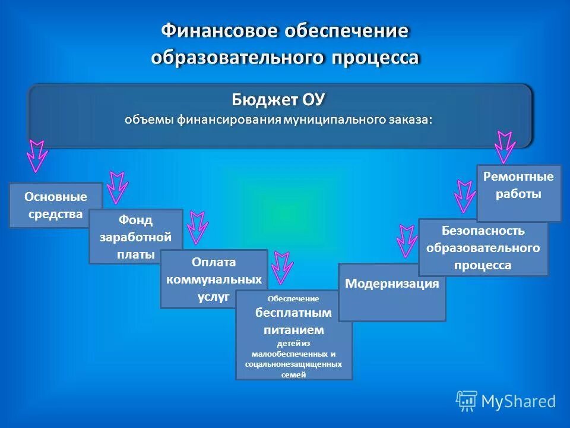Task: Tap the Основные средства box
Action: click(x=55, y=205)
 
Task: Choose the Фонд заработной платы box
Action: click(x=135, y=237)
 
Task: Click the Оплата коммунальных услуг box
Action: click(x=214, y=279)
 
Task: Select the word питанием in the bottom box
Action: click(x=294, y=329)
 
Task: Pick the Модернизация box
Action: click(x=392, y=284)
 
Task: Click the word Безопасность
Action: click(x=483, y=231)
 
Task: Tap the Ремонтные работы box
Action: click(x=519, y=185)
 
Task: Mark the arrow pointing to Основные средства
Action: click(x=37, y=156)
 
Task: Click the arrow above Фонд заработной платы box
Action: click(x=118, y=187)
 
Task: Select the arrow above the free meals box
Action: click(x=282, y=267)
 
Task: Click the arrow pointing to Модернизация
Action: click(x=407, y=240)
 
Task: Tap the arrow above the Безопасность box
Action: click(x=464, y=196)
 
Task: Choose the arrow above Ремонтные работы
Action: click(x=505, y=147)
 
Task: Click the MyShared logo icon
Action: click(x=467, y=401)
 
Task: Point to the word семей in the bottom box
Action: click(x=294, y=374)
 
